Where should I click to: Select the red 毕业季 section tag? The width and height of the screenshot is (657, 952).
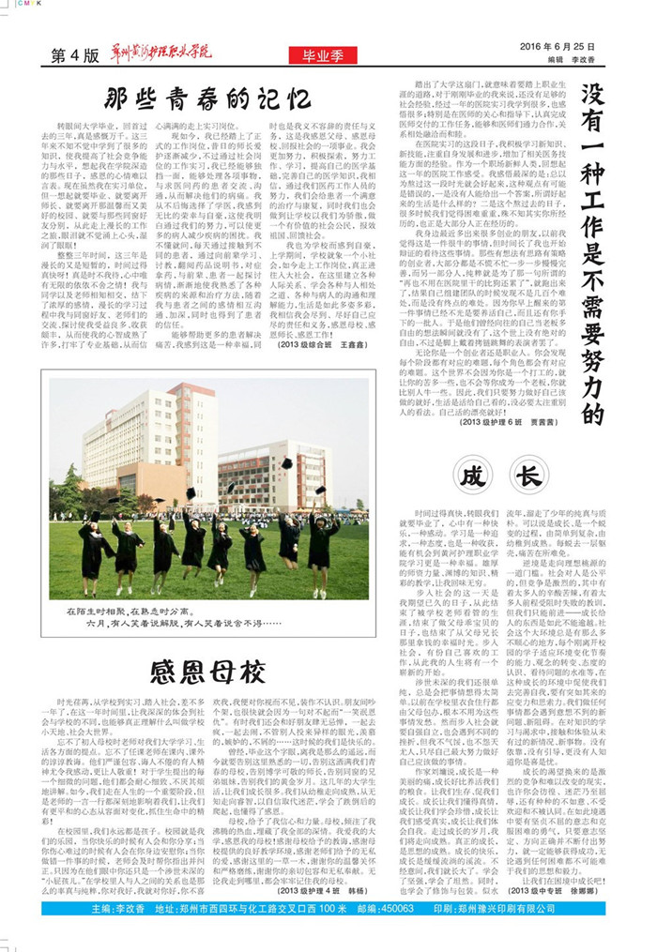pyautogui.click(x=318, y=56)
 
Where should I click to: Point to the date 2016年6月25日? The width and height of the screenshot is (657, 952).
pyautogui.click(x=563, y=46)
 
